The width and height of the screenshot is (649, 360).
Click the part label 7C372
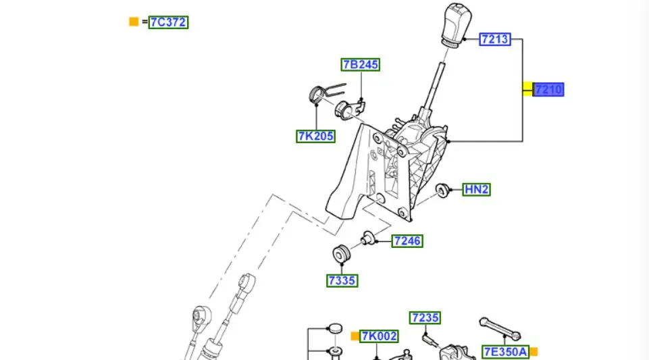[168, 22]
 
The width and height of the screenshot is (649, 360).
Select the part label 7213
[494, 39]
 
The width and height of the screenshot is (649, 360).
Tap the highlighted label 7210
[548, 89]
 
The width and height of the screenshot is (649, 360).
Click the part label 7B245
[359, 65]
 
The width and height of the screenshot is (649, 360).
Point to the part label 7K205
[315, 136]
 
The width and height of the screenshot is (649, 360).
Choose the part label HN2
[476, 190]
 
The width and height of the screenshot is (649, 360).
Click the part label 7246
[407, 240]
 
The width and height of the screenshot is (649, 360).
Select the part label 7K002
[379, 336]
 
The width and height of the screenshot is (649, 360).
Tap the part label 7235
[425, 317]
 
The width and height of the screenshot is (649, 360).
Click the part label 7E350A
[505, 351]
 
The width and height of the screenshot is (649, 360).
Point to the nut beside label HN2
[444, 190]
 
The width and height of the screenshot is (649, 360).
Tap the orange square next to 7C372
[134, 22]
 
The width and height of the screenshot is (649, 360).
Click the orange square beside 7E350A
[534, 351]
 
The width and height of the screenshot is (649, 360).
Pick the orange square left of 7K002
[355, 336]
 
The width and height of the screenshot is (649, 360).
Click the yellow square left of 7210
[527, 89]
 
